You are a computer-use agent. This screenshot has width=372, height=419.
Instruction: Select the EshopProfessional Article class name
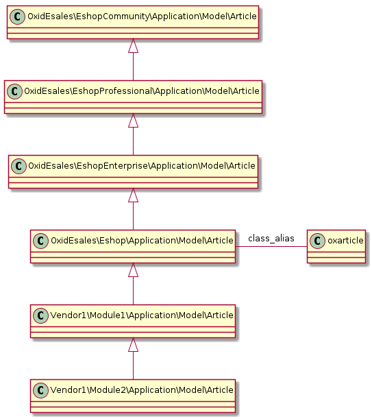[140, 90]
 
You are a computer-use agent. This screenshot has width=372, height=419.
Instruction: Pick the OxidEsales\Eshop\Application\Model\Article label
[140, 240]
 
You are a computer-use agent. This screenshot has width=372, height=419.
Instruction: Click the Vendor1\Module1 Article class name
[140, 315]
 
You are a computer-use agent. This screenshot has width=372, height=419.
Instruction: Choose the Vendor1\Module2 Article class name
[140, 390]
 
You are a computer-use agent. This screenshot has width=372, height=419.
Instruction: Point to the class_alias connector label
[271, 239]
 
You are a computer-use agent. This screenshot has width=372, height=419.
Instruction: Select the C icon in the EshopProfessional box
[15, 90]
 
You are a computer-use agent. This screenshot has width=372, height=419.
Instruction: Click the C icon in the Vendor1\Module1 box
[41, 315]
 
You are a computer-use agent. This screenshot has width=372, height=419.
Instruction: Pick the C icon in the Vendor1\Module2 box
[41, 390]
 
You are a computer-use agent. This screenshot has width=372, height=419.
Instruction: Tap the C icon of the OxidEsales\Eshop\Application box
[41, 240]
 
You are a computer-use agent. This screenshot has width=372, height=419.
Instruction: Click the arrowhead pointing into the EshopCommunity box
[133, 46]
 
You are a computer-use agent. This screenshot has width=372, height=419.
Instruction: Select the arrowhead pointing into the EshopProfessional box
[133, 121]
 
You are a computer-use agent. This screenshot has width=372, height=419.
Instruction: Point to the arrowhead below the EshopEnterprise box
[133, 196]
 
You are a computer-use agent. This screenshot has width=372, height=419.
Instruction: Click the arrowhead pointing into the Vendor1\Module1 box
[133, 346]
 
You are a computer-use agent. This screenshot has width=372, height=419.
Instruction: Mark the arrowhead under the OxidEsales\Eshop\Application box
[133, 271]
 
